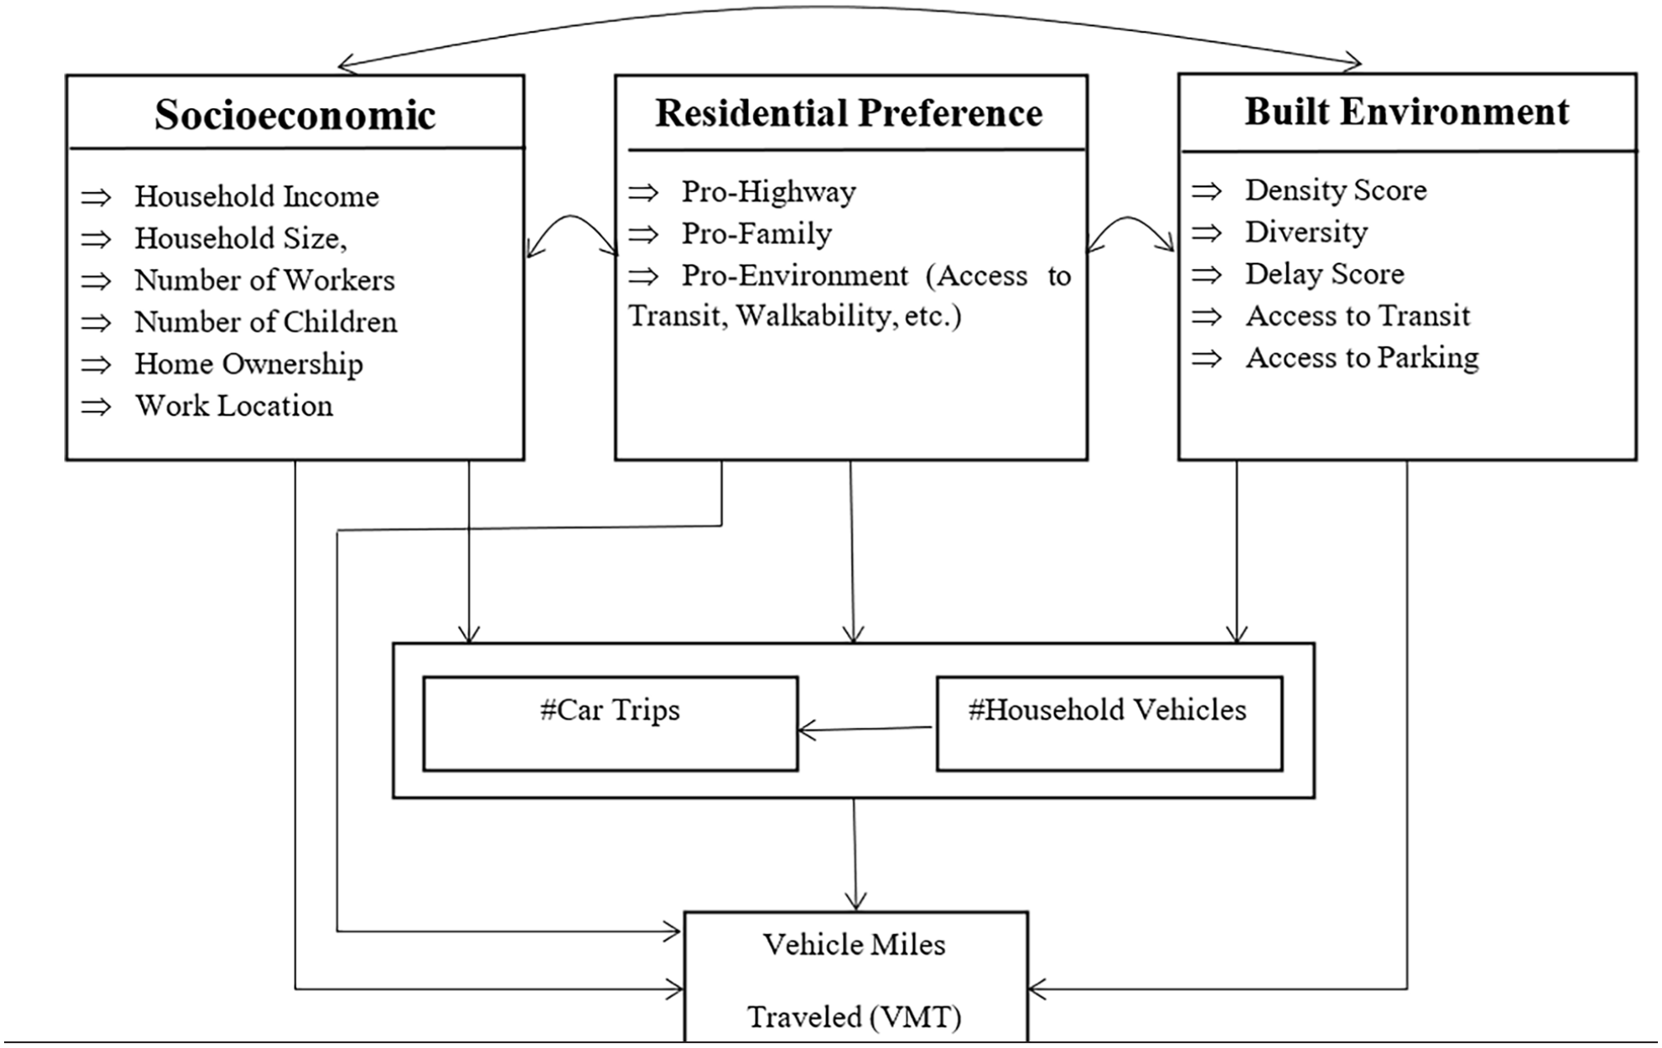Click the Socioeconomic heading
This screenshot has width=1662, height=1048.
coord(294,115)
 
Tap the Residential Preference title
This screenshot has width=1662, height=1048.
coord(849,113)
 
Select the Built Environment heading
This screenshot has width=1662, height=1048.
coord(1406,111)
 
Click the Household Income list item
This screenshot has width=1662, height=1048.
coord(257,196)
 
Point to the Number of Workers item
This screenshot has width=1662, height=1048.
coord(265,280)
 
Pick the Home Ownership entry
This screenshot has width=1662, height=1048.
coord(248,364)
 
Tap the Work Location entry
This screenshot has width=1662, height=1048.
coord(234,406)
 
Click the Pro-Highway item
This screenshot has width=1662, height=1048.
coord(768,192)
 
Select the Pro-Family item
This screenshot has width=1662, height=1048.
coord(756,234)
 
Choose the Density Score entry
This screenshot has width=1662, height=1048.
coord(1335,190)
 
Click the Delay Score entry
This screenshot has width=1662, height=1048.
coord(1325,274)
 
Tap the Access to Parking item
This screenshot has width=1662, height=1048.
coord(1362,358)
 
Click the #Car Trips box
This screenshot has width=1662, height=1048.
coord(610,724)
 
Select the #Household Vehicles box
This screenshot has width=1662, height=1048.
coord(1109,724)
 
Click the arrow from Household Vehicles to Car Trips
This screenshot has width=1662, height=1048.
coord(865,729)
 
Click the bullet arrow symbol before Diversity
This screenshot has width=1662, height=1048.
coord(1207,233)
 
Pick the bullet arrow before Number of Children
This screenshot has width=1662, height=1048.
coord(96,323)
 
